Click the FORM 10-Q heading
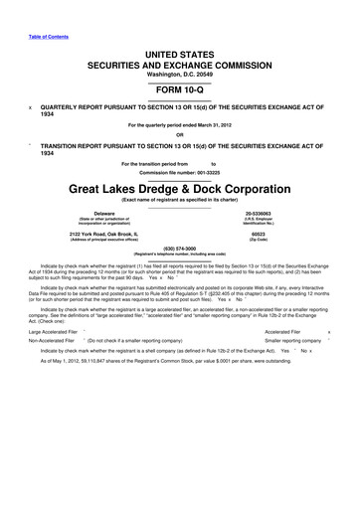coord(180,85)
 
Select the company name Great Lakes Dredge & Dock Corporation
coord(180,185)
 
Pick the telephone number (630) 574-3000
coord(180,249)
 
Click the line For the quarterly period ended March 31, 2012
coord(180,125)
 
